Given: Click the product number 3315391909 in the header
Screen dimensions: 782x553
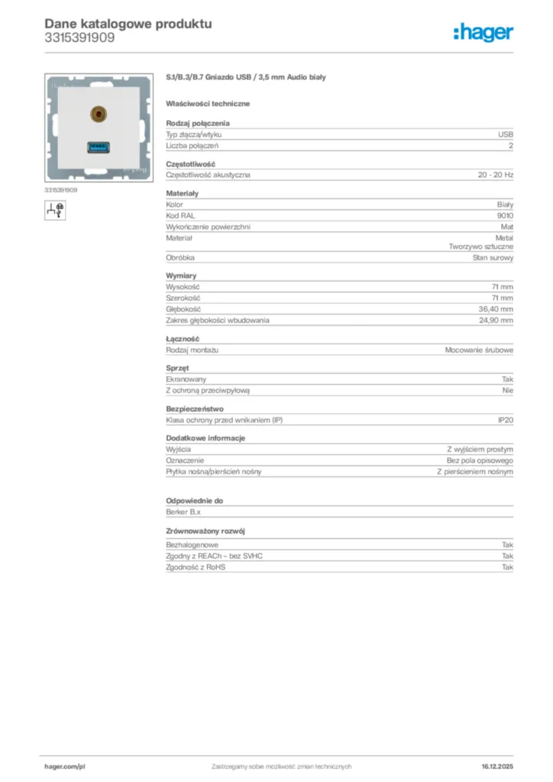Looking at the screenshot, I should (79, 37).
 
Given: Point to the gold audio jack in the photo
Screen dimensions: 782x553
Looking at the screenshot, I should (97, 115).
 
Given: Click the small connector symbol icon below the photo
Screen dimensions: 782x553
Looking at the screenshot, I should (55, 208).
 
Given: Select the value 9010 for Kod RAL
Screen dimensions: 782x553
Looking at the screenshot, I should (504, 215).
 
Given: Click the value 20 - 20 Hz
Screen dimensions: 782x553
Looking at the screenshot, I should (496, 175).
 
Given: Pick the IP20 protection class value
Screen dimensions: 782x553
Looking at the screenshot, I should (506, 420).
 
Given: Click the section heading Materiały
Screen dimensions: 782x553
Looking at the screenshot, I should (182, 193).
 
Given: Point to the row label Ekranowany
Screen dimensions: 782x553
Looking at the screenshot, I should (186, 379).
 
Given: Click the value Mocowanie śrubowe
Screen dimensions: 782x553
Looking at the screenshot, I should (479, 350).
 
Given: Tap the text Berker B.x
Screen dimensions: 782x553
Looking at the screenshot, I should (183, 512).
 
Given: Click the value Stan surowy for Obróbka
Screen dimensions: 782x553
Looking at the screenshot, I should (493, 257).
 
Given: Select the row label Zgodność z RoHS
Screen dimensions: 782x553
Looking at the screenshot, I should (196, 567).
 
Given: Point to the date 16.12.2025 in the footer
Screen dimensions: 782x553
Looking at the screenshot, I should (497, 766).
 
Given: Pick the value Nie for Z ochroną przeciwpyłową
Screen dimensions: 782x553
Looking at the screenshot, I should (507, 390).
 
